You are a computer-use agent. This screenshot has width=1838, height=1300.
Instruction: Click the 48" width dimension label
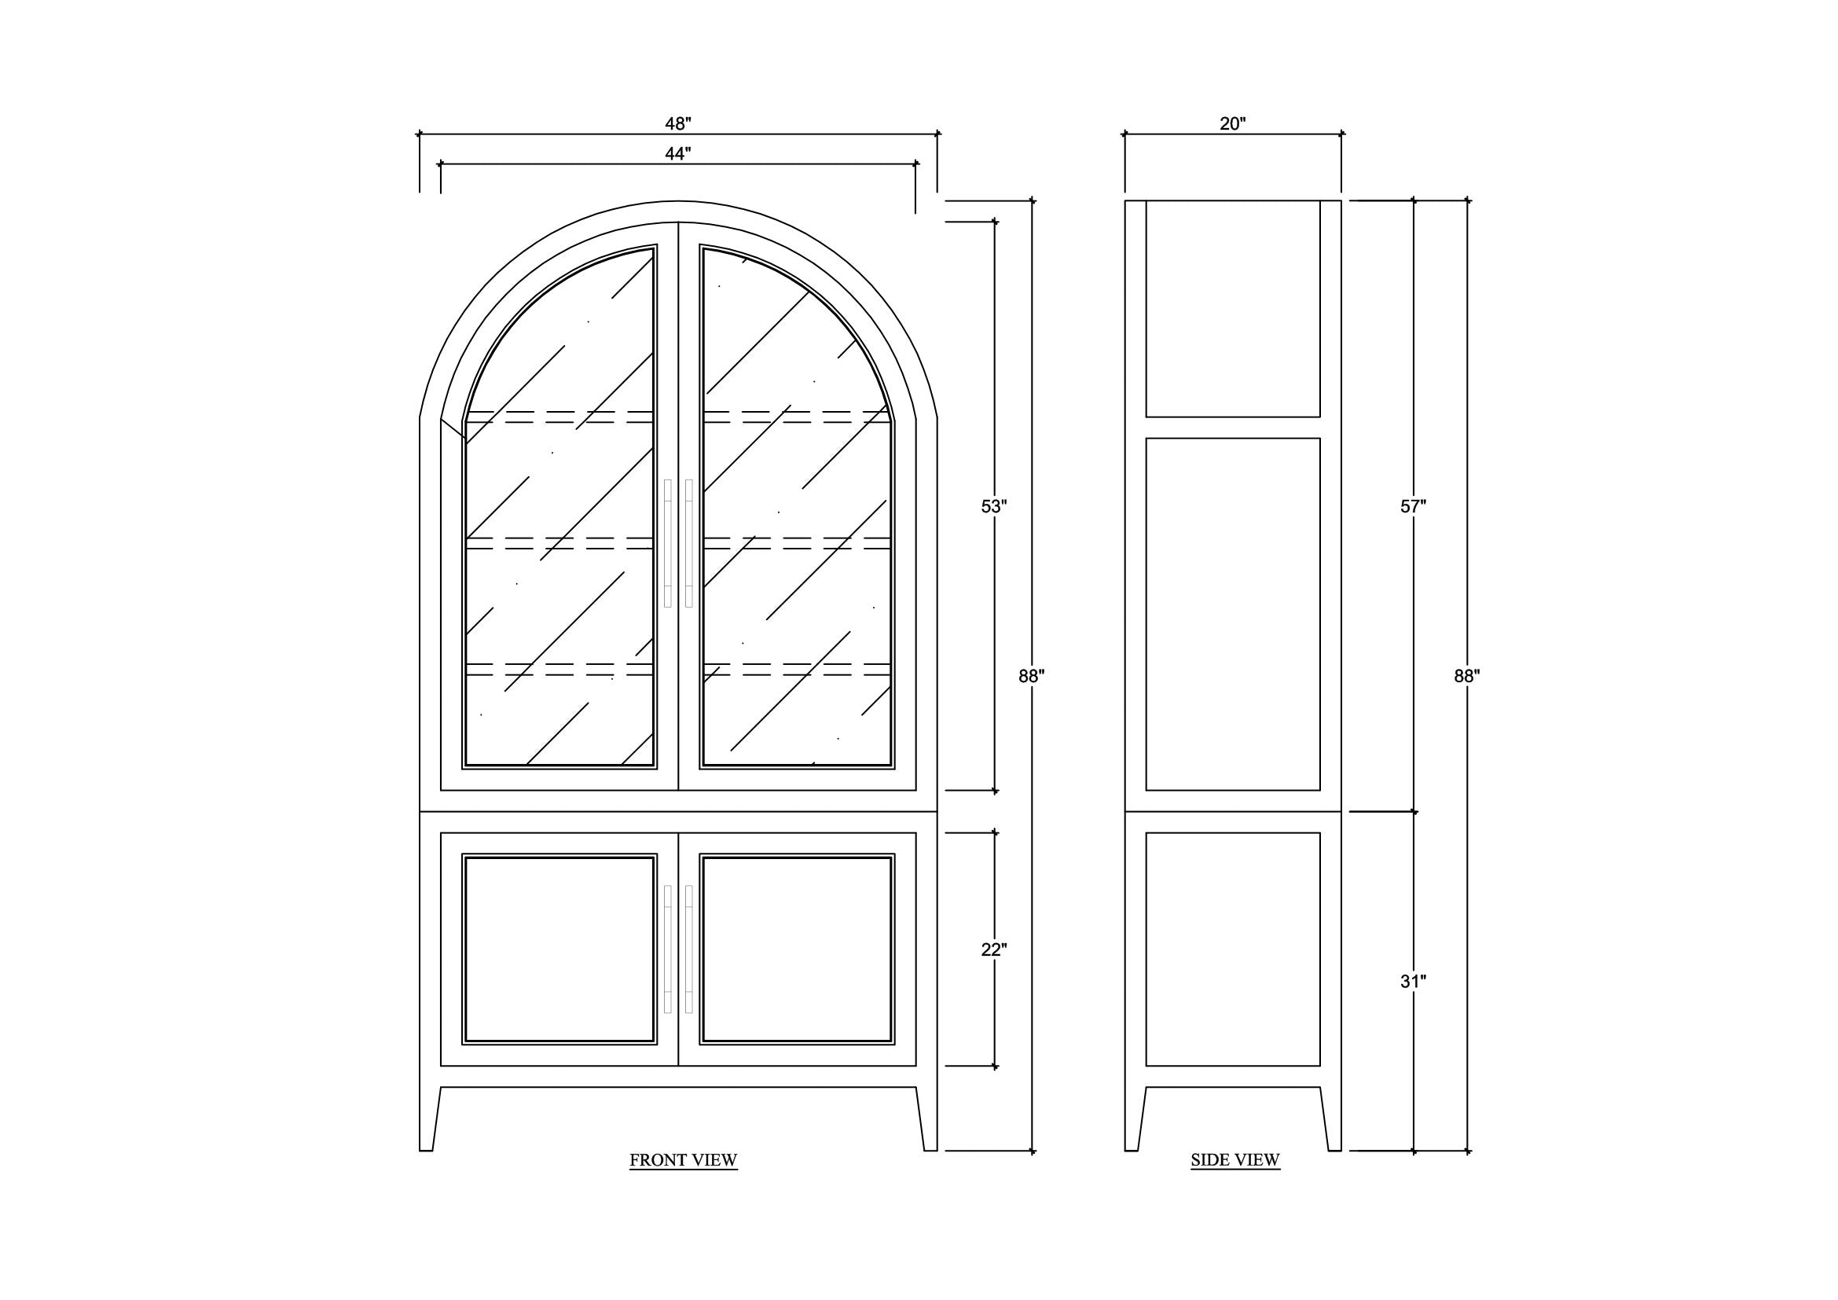[x=677, y=124]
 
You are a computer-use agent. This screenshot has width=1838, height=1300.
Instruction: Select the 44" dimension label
[x=677, y=154]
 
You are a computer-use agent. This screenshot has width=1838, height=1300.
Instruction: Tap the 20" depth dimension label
[x=1233, y=124]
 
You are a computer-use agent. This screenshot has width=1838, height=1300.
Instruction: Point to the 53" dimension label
[x=993, y=507]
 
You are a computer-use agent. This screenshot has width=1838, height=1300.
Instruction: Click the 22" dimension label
[x=993, y=950]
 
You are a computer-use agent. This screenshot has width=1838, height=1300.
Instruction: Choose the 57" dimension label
[x=1413, y=507]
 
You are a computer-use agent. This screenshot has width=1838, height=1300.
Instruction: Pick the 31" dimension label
[x=1413, y=982]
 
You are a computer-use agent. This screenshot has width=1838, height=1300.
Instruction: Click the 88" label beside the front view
[x=1031, y=677]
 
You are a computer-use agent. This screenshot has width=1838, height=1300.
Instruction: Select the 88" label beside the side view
[x=1466, y=677]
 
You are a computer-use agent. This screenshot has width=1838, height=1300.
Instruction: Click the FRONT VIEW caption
[x=683, y=1161]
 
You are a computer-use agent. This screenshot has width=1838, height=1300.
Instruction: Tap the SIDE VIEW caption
[x=1235, y=1161]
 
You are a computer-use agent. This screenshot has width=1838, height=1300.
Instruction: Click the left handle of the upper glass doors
[x=668, y=544]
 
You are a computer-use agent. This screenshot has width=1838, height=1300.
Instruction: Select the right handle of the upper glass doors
[x=689, y=544]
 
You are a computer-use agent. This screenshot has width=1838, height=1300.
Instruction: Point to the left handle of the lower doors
[x=668, y=949]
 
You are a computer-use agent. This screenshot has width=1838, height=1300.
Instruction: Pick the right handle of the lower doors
[x=689, y=949]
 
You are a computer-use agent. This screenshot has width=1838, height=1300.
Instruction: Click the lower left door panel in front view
[x=559, y=949]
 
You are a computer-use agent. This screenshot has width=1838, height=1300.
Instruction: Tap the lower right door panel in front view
[x=797, y=949]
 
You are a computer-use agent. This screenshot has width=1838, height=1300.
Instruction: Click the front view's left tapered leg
[x=430, y=1119]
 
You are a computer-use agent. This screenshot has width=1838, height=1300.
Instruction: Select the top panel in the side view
[x=1233, y=309]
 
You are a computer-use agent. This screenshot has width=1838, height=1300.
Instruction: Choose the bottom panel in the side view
[x=1233, y=949]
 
